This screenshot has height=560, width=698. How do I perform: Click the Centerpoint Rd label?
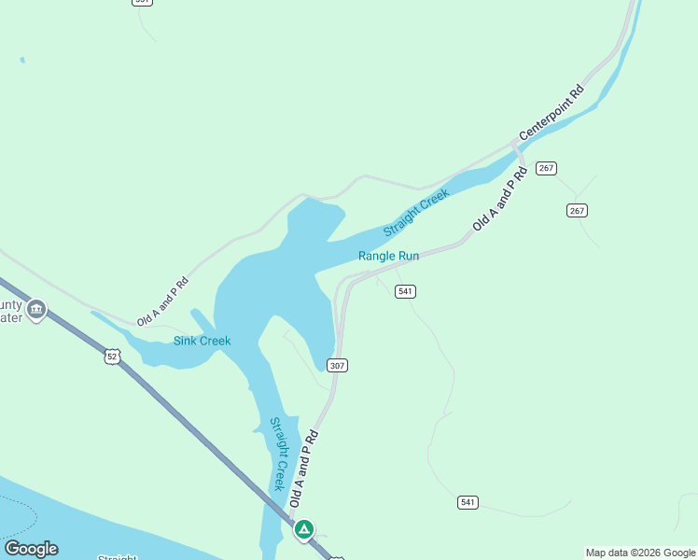coord(551,113)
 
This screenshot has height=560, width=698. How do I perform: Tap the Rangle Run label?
coord(388,256)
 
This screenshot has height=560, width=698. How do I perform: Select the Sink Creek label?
coord(202,341)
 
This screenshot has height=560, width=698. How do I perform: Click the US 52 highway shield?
coord(112,357)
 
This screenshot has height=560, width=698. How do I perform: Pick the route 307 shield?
coord(338,365)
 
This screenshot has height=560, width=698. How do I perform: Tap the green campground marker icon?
coord(303,529)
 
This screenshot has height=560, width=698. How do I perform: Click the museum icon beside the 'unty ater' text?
coord(36,309)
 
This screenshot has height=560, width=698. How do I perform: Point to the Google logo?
coord(31,549)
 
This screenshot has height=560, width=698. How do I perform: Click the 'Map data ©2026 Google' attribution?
coord(640,553)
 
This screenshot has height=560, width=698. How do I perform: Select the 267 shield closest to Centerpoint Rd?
coord(546,168)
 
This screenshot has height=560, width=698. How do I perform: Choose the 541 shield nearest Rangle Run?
coord(405,291)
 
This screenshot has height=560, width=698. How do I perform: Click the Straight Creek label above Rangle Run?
coord(416,212)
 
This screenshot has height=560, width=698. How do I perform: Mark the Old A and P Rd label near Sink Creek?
coord(162,301)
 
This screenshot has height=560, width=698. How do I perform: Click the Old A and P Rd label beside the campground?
coord(304,469)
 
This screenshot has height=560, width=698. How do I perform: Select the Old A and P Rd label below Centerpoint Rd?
coord(494,200)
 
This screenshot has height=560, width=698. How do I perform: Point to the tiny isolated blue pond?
coord(21,61)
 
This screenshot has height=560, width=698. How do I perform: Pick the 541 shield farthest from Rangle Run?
coord(468,502)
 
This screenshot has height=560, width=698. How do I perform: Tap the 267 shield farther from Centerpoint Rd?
coord(577,211)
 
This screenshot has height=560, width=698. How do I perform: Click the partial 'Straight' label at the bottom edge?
coord(118,557)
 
